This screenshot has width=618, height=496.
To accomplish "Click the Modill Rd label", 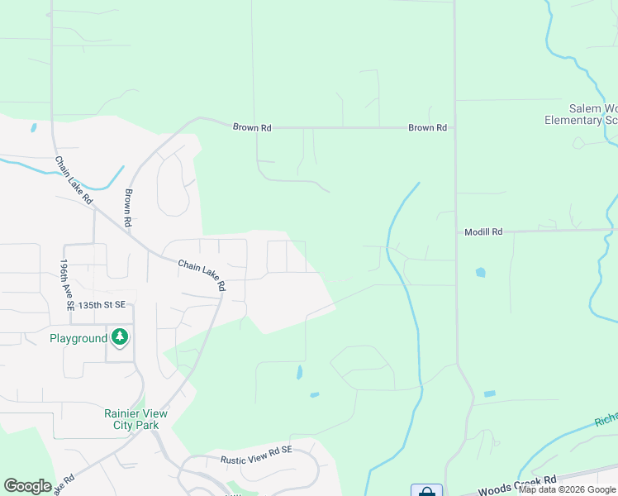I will click(x=483, y=232).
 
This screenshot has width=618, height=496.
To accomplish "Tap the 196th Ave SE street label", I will click(x=66, y=284).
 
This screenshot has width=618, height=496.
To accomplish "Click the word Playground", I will click(x=78, y=338).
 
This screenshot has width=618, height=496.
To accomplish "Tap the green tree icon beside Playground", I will click(x=121, y=337).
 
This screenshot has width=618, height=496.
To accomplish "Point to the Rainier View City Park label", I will click(x=135, y=419).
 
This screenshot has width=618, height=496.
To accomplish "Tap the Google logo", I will click(x=27, y=486).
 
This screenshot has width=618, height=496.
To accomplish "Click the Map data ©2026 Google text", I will click(x=568, y=489).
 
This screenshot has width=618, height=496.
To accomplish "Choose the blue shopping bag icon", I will click(x=426, y=491).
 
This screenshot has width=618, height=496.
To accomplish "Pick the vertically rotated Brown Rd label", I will click(x=129, y=208).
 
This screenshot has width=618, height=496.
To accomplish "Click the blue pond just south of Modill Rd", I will click(x=480, y=272).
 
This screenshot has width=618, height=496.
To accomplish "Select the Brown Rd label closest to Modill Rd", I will click(x=427, y=128).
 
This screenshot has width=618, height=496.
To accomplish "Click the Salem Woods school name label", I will click(x=593, y=108).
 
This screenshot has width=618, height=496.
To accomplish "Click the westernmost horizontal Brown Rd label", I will click(x=251, y=128).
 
